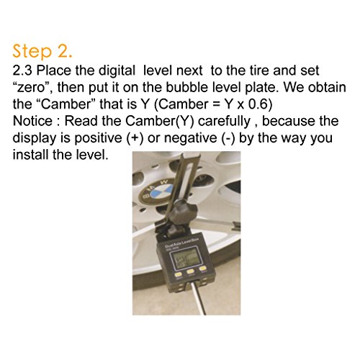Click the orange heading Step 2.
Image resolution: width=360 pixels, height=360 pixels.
(x=42, y=51)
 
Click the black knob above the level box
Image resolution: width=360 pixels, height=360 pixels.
(x=183, y=211)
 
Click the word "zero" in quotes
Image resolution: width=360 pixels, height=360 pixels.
(x=30, y=88)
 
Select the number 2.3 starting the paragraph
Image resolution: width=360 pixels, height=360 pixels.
(x=22, y=71)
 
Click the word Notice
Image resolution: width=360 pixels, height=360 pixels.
(x=32, y=121)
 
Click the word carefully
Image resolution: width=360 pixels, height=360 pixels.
(x=224, y=122)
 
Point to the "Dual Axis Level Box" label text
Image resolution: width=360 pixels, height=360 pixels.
(x=181, y=243)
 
